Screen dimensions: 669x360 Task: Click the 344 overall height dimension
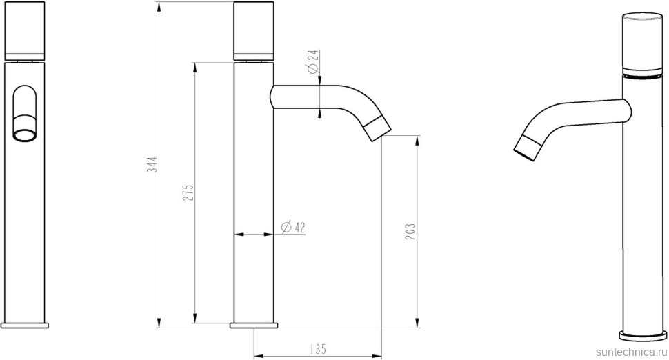tap(152, 165)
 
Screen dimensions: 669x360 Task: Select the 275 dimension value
tap(188, 192)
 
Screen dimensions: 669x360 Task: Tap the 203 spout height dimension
tap(410, 231)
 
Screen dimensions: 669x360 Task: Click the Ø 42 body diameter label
tap(294, 228)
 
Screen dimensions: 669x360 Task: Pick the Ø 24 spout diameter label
tap(312, 61)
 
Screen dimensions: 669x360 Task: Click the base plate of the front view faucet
tap(25, 325)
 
